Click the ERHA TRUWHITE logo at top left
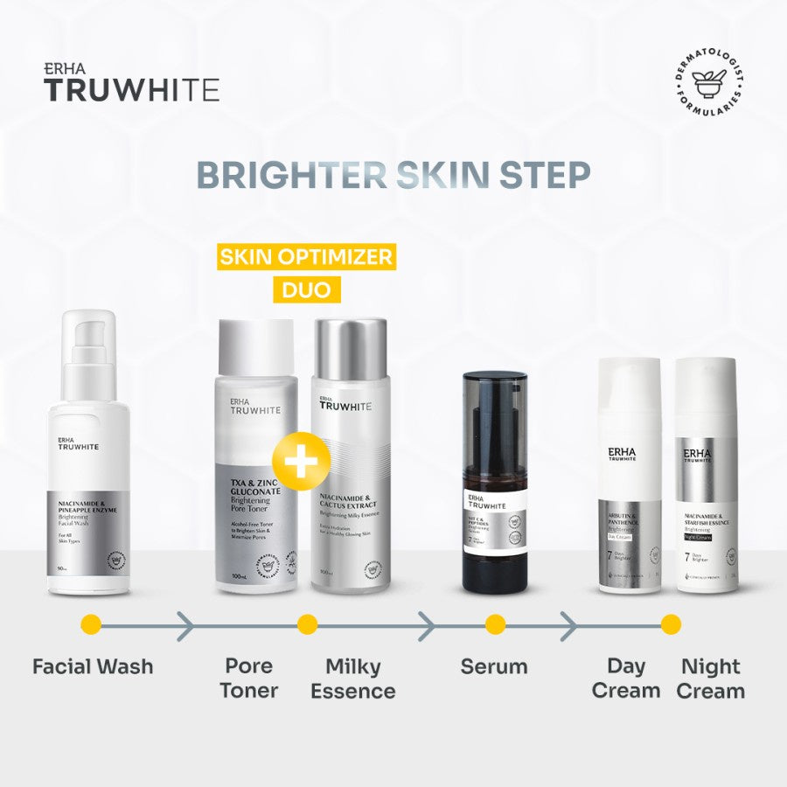[131, 83]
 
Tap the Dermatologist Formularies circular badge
[708, 86]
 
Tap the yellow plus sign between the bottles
[300, 461]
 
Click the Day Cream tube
[630, 477]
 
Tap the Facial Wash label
[93, 666]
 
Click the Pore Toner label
[249, 678]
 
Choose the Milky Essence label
[353, 679]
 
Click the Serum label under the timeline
[494, 666]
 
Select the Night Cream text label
[712, 679]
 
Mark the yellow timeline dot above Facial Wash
[91, 625]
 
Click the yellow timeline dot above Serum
[496, 625]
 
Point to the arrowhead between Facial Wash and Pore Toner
[185, 625]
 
